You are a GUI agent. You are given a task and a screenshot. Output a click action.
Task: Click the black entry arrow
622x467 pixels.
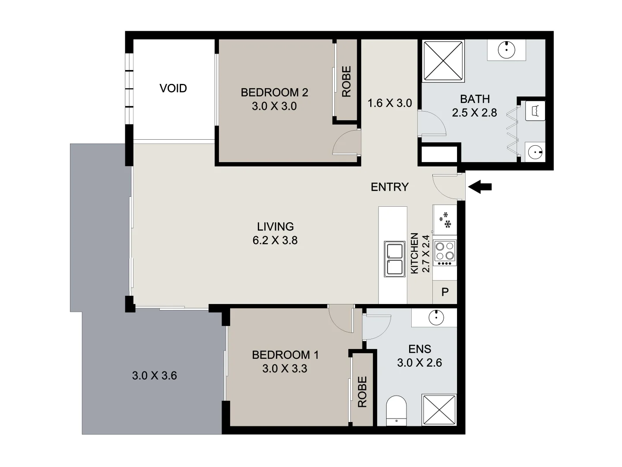480,187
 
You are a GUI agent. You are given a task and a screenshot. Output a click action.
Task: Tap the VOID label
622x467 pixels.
173,88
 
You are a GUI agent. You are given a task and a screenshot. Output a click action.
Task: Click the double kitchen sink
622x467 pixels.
395,259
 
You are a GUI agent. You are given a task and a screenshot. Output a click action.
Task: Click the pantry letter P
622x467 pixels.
445,292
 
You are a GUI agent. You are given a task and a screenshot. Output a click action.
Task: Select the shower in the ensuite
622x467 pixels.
439,410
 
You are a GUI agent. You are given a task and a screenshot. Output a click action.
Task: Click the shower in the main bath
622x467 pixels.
443,61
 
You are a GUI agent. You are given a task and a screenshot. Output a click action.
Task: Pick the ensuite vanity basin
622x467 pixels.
436,318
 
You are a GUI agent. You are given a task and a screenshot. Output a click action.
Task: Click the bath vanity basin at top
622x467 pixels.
506,50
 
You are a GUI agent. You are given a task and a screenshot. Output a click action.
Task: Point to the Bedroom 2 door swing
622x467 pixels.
346,143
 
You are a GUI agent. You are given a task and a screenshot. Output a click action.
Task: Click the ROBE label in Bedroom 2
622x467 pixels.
346,81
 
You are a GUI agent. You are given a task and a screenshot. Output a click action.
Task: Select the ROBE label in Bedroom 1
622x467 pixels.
362,392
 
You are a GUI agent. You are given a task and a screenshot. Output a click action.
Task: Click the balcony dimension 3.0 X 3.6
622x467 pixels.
154,375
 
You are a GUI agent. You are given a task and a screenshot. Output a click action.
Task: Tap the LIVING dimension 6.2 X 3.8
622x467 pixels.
275,240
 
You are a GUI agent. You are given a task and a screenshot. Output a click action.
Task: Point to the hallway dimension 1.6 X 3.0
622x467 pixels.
390,103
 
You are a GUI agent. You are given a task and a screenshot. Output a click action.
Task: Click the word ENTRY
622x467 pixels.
390,187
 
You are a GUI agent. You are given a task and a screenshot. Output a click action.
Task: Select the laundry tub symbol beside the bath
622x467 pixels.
535,111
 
